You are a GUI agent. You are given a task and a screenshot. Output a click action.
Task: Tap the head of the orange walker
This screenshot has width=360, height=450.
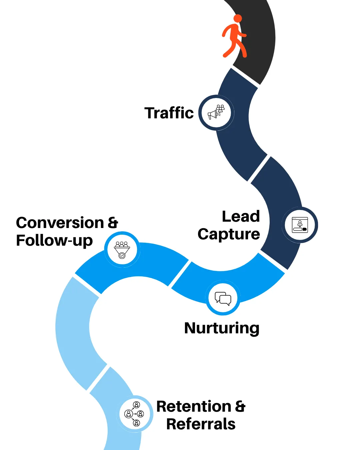[238, 18]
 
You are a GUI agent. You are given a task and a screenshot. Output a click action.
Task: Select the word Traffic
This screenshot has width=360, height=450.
[169, 113]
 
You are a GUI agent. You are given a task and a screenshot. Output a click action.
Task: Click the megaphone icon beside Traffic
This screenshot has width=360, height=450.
[216, 113]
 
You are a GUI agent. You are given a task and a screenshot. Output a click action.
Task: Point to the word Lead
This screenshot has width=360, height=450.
[241, 216]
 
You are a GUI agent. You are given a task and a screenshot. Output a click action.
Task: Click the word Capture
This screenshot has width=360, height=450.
[229, 234]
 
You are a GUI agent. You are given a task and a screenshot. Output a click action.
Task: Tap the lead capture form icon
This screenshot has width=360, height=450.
[300, 225]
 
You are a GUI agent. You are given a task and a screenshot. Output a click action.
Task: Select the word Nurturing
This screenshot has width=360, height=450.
[222, 328]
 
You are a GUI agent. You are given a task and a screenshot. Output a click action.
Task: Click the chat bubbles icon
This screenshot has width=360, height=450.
[223, 298]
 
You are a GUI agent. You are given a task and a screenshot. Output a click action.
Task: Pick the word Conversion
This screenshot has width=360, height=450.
[60, 223]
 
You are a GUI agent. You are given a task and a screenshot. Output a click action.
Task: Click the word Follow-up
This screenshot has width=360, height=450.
[54, 240]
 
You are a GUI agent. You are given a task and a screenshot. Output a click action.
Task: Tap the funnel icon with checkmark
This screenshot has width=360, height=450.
[122, 250]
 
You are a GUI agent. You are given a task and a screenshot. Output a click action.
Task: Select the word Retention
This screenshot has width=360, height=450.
[194, 406]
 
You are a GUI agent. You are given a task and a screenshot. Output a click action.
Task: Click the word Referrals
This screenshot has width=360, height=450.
[201, 424]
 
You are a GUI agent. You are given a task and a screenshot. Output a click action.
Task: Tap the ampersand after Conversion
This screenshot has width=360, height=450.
[113, 223]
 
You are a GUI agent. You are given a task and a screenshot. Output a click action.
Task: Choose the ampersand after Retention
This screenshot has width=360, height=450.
[240, 406]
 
